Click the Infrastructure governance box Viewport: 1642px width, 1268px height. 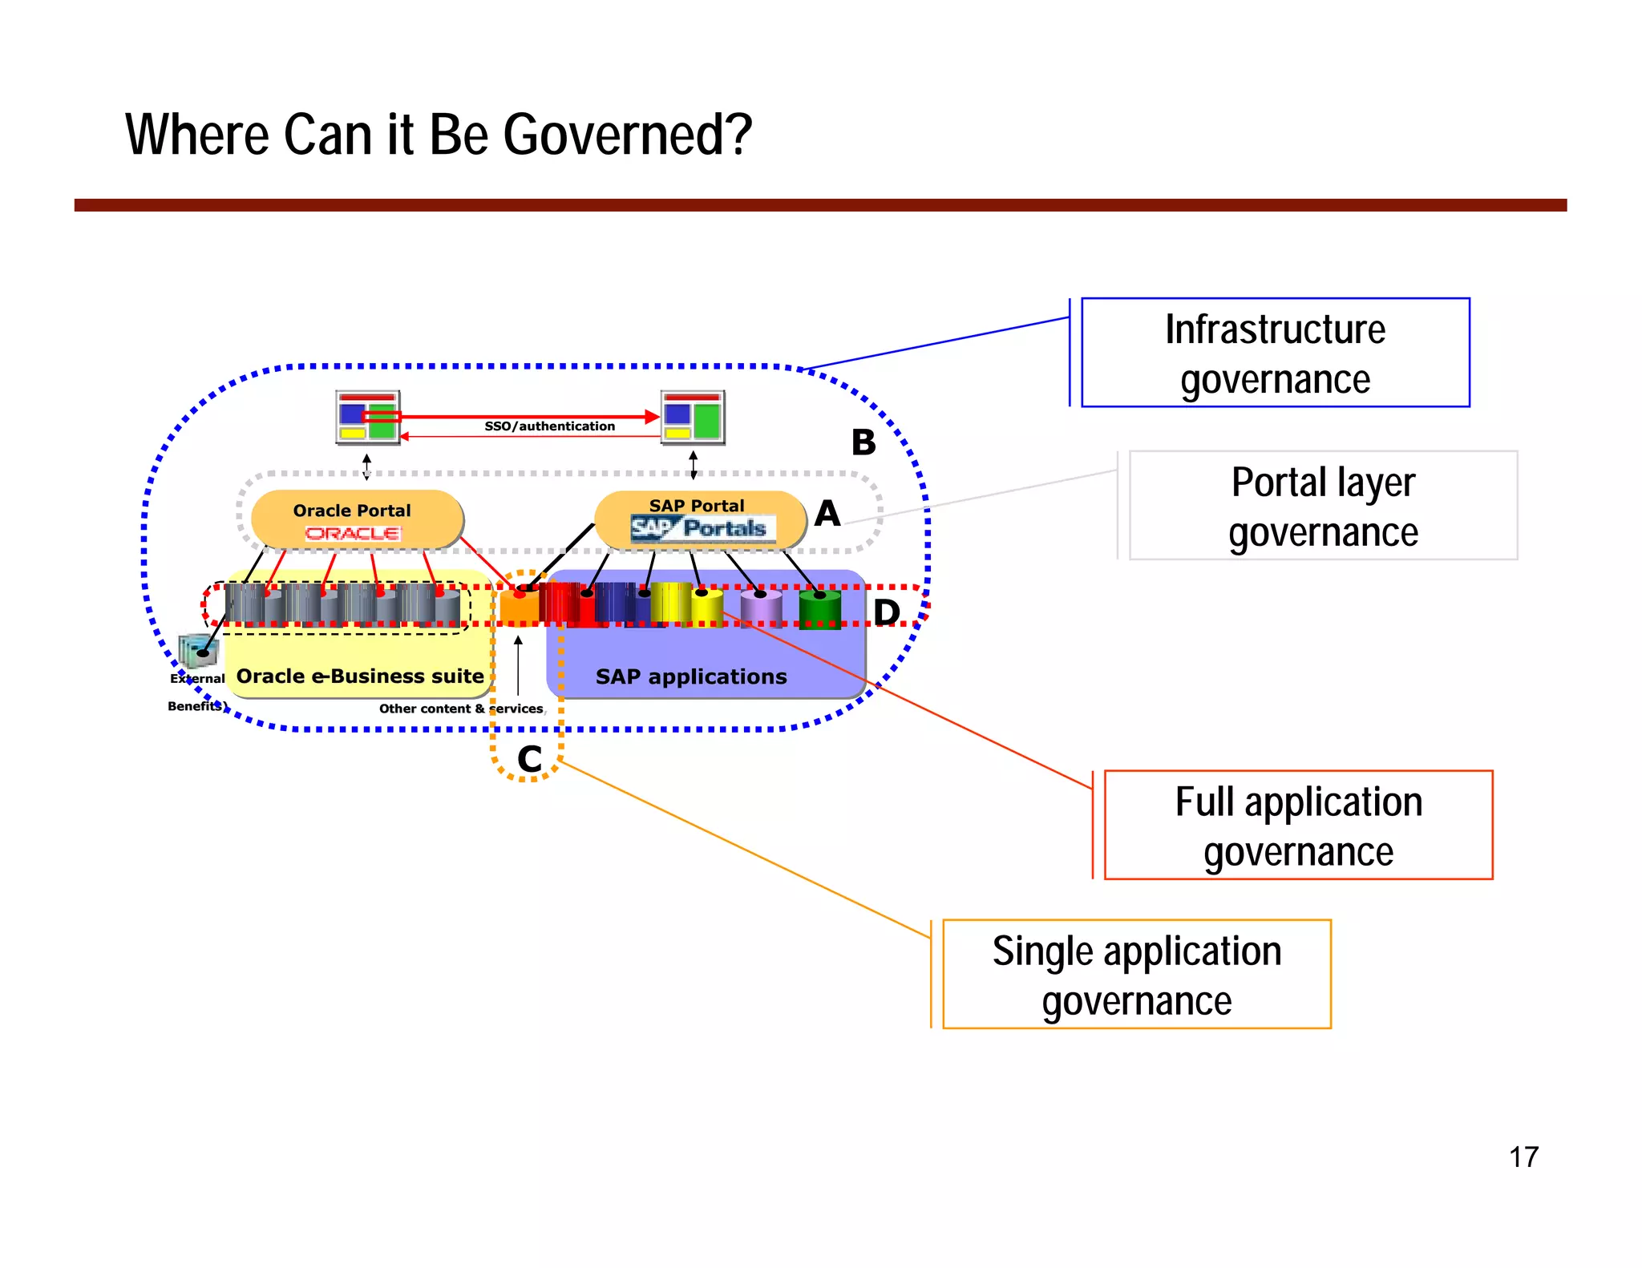pyautogui.click(x=1275, y=353)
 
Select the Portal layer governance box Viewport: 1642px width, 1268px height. pyautogui.click(x=1323, y=506)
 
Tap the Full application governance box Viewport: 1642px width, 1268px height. pyautogui.click(x=1298, y=825)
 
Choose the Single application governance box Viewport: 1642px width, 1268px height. pyautogui.click(x=1136, y=974)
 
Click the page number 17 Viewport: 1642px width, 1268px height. pyautogui.click(x=1523, y=1157)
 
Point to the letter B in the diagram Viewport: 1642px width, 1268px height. pyautogui.click(x=863, y=442)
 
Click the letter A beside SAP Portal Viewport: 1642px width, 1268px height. pyautogui.click(x=827, y=514)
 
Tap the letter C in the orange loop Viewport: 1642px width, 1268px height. pyautogui.click(x=529, y=759)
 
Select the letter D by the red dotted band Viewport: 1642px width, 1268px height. pyautogui.click(x=887, y=612)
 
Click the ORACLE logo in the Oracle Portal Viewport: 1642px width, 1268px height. pyautogui.click(x=353, y=533)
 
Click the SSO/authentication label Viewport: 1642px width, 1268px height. pyautogui.click(x=549, y=426)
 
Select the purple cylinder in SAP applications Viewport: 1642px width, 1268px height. pyautogui.click(x=761, y=608)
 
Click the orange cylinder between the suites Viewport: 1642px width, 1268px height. pyautogui.click(x=520, y=607)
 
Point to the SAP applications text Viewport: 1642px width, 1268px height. pyautogui.click(x=690, y=676)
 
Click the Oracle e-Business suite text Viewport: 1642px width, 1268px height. pyautogui.click(x=360, y=676)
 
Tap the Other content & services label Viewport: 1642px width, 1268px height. pyautogui.click(x=461, y=709)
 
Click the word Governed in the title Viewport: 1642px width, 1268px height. pyautogui.click(x=628, y=135)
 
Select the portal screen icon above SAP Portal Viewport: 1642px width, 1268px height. pyautogui.click(x=693, y=417)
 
